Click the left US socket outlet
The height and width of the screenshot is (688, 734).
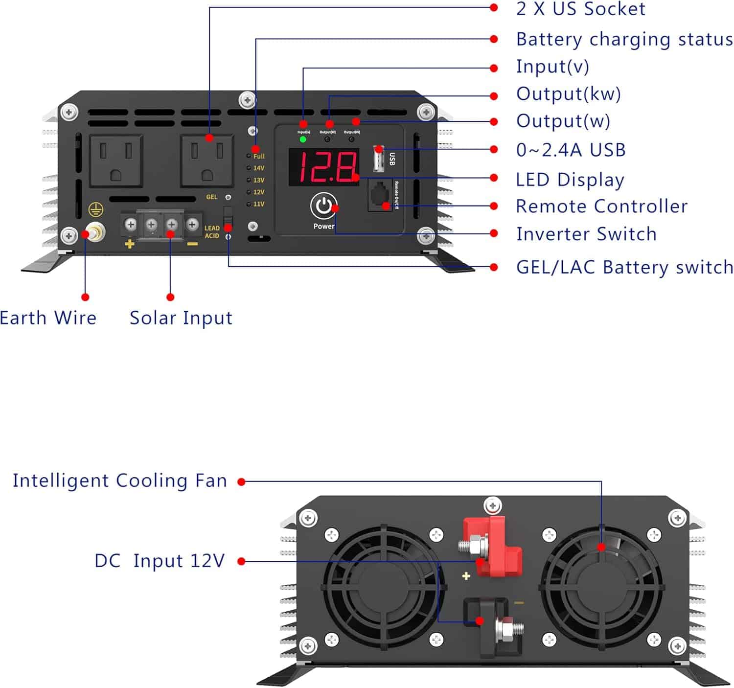click(x=116, y=161)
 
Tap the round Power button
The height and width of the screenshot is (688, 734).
click(x=323, y=206)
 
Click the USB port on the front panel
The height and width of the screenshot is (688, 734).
click(x=378, y=159)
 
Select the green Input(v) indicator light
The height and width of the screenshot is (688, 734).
click(x=303, y=139)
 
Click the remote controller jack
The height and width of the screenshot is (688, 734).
click(x=379, y=196)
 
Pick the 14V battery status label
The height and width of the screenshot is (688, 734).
click(x=259, y=168)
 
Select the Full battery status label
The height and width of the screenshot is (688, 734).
click(x=259, y=156)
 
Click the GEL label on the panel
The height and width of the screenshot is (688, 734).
click(x=211, y=197)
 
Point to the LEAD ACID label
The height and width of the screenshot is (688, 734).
click(x=212, y=232)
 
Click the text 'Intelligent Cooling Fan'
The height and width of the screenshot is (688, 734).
click(x=120, y=481)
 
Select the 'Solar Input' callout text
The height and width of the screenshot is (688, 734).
click(x=181, y=318)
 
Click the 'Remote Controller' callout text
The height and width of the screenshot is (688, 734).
click(x=601, y=206)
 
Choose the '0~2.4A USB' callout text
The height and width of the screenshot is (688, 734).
click(x=571, y=150)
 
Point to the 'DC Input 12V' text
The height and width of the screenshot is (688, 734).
click(x=160, y=561)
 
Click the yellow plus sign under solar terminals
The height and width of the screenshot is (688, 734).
click(x=129, y=243)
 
